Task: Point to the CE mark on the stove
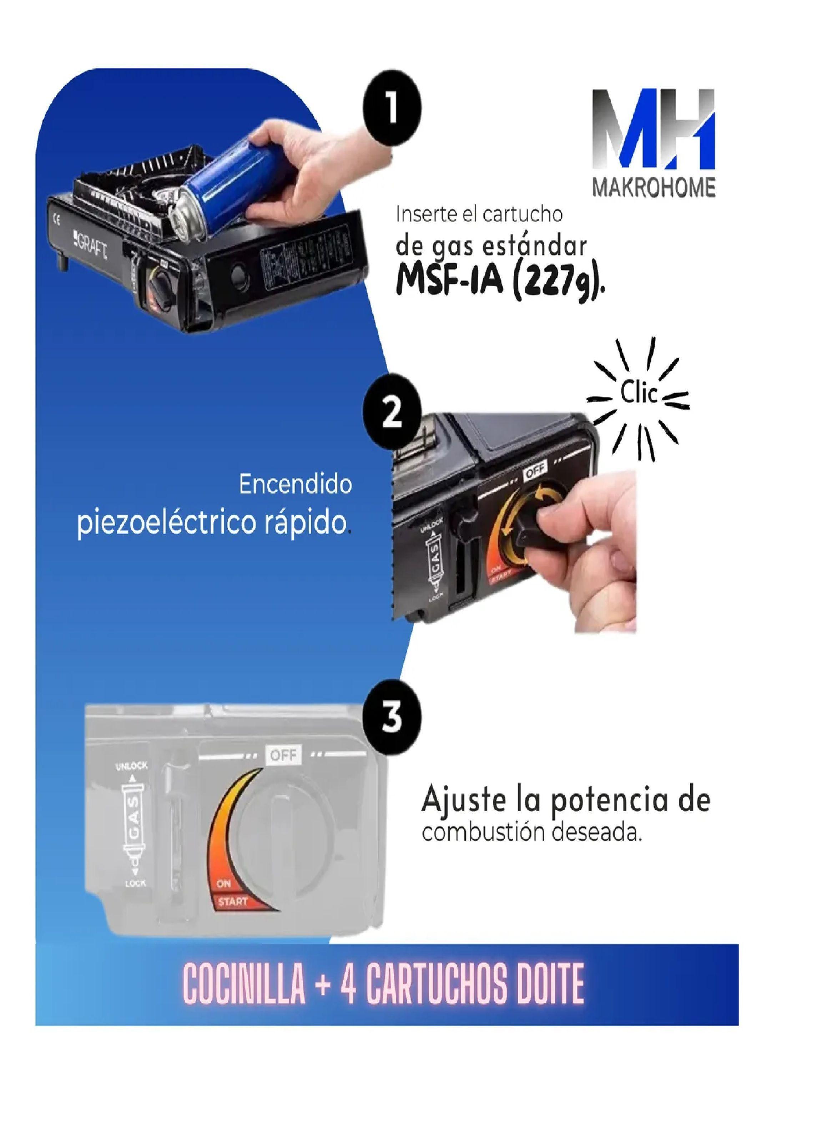tap(56, 219)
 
